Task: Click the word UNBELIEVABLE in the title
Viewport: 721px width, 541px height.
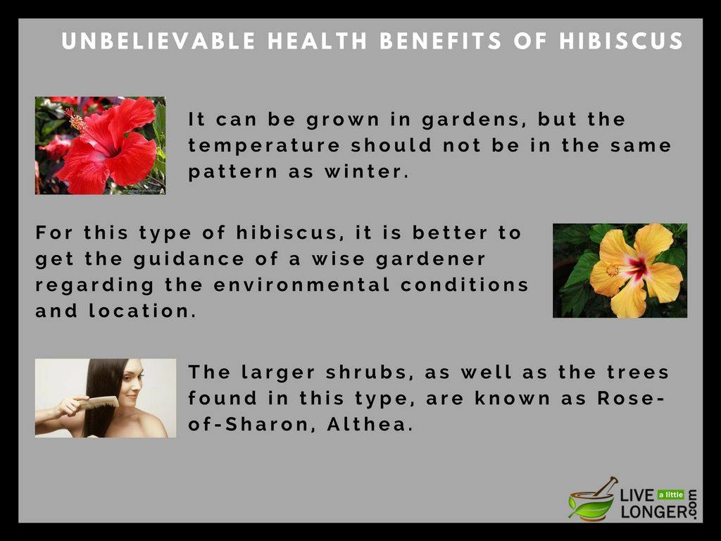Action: pos(158,40)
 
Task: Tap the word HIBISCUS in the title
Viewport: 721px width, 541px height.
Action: pos(621,40)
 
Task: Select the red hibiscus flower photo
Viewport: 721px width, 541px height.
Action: pos(100,145)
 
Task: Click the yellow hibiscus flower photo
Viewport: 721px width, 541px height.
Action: pos(620,270)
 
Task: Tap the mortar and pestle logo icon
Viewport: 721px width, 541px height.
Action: pos(592,499)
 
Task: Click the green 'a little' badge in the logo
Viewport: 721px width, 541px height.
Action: pos(671,495)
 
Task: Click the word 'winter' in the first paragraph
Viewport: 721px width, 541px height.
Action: pos(366,172)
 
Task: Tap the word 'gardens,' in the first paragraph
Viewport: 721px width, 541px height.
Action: pos(475,120)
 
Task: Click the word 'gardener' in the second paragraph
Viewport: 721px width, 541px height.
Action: pos(430,259)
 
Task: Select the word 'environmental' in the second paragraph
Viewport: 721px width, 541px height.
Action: pos(301,285)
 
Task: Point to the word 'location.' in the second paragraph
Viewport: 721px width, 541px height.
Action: pos(142,311)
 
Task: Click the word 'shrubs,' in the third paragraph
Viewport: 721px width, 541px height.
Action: pos(367,372)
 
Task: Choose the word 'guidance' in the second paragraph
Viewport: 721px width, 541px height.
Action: pos(189,259)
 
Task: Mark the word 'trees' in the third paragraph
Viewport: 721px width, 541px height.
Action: pos(637,372)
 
